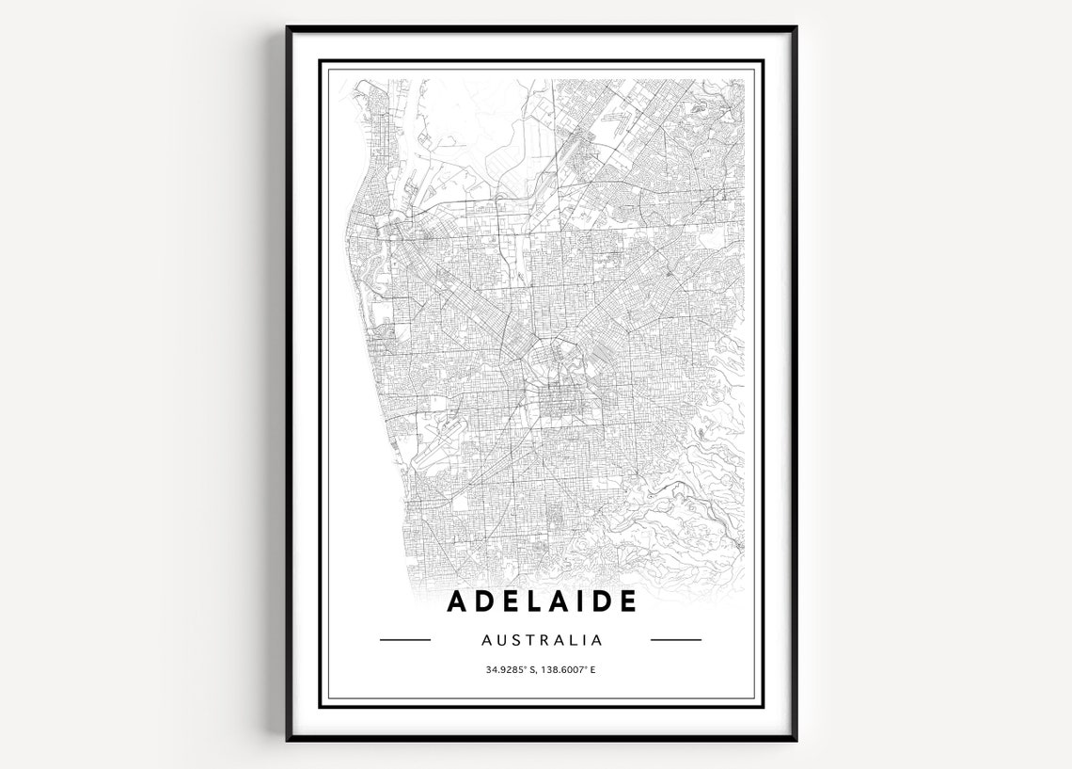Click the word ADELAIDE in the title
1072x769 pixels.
point(542,601)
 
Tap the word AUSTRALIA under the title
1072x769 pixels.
point(542,640)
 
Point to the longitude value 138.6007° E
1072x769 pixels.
point(569,670)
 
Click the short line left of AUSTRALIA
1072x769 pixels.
point(404,640)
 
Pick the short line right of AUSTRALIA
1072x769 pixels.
point(676,640)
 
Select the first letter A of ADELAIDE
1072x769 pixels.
point(458,601)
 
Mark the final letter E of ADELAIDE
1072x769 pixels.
point(628,601)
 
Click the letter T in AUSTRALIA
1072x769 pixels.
point(533,640)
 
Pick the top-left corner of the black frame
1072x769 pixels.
point(288,28)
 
